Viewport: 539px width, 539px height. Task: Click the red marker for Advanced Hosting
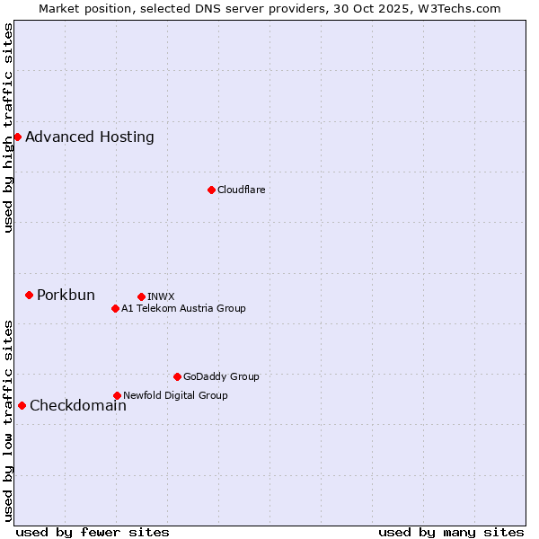point(17,137)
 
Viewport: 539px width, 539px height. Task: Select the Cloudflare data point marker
point(211,190)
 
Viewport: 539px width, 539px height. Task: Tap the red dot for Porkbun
point(29,295)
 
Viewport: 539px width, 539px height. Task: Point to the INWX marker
point(141,296)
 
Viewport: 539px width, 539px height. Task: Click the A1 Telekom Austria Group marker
point(115,308)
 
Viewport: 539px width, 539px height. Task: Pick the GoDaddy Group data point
point(177,376)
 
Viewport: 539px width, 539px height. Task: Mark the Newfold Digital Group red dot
point(117,395)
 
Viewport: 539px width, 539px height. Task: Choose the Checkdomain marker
point(22,405)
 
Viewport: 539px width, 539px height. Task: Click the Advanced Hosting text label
point(90,137)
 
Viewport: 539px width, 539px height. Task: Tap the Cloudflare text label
point(241,190)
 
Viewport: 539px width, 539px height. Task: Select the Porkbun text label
point(66,296)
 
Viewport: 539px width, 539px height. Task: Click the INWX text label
point(161,296)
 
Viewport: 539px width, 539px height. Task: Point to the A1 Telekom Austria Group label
point(183,308)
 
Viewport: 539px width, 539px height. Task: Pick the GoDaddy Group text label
point(221,376)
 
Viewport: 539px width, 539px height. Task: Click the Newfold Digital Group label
point(175,395)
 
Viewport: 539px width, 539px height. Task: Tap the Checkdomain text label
point(78,406)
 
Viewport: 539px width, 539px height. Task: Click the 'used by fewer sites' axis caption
point(93,532)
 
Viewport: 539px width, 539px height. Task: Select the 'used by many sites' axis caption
point(451,532)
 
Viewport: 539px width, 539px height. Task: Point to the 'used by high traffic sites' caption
point(9,128)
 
